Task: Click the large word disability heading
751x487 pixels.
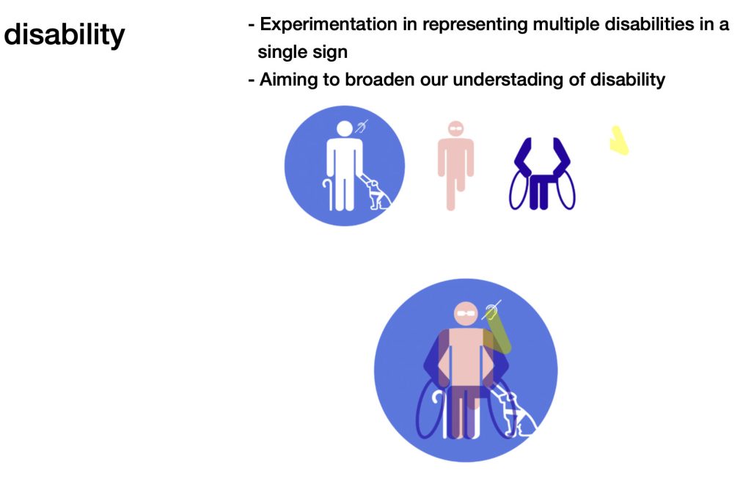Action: coord(65,35)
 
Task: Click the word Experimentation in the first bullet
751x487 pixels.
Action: coord(329,24)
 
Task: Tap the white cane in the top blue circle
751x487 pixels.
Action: coord(328,194)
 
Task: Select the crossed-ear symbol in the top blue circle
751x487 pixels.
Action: coord(362,127)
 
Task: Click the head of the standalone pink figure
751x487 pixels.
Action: coord(456,128)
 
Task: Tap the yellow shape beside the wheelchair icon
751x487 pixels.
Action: coord(619,141)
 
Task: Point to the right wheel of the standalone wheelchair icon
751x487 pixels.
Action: coord(566,191)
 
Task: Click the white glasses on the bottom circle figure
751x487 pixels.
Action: coord(466,314)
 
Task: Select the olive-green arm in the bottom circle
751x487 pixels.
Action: coord(497,331)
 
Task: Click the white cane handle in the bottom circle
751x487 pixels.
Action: coord(438,398)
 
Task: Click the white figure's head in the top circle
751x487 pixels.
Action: coord(345,129)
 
